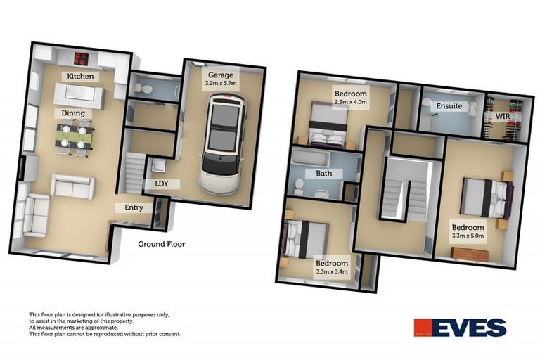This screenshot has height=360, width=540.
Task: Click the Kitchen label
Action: tap(80, 76)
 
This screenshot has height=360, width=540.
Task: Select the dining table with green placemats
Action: tap(74, 135)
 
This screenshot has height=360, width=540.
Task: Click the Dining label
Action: tap(73, 112)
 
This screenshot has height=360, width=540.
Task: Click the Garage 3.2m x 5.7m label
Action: tap(220, 78)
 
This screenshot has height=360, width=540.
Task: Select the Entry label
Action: tap(134, 208)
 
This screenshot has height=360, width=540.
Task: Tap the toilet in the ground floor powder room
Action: tap(141, 89)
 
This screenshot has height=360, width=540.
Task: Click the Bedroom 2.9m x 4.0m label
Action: tap(349, 98)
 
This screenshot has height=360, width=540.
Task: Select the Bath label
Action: tap(323, 173)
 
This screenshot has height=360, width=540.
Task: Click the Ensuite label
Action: tap(449, 106)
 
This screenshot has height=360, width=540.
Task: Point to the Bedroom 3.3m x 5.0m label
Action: tap(468, 232)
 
